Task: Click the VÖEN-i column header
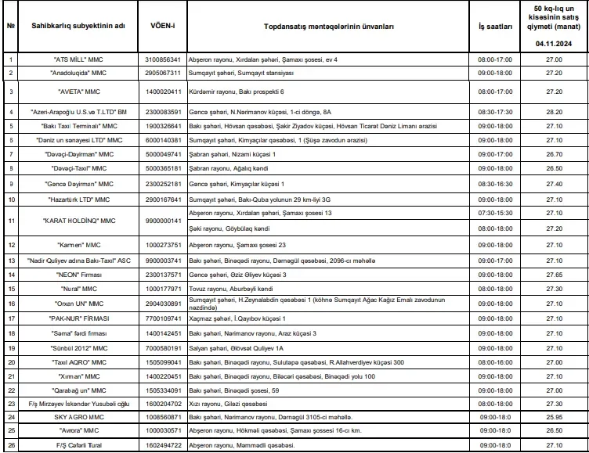pyautogui.click(x=163, y=26)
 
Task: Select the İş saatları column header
pyautogui.click(x=495, y=26)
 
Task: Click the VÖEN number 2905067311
pyautogui.click(x=163, y=73)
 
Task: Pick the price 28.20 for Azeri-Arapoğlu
pyautogui.click(x=555, y=112)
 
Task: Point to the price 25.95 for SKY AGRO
pyautogui.click(x=555, y=417)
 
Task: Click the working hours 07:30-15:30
pyautogui.click(x=495, y=213)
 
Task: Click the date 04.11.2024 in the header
pyautogui.click(x=555, y=45)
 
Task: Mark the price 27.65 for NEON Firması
pyautogui.click(x=555, y=275)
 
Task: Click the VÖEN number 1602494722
pyautogui.click(x=163, y=445)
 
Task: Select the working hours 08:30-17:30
pyautogui.click(x=495, y=112)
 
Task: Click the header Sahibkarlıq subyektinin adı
pyautogui.click(x=74, y=26)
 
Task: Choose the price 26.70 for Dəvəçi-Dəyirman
pyautogui.click(x=555, y=154)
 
